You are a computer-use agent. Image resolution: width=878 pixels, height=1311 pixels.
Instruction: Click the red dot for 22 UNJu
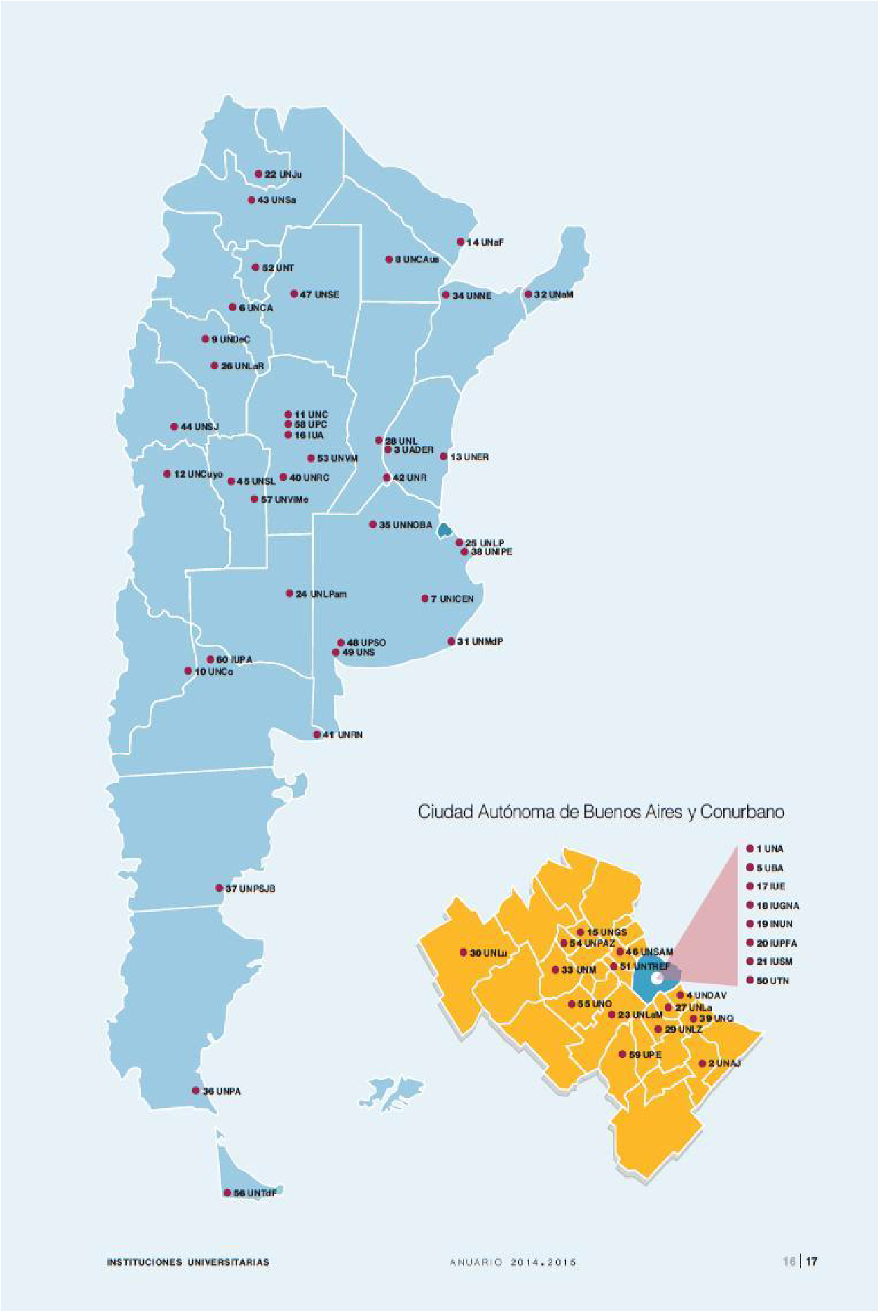(x=258, y=174)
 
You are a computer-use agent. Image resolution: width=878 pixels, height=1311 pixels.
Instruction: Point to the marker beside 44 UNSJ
(x=173, y=426)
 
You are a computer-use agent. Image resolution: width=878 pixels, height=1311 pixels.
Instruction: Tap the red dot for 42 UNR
(x=386, y=478)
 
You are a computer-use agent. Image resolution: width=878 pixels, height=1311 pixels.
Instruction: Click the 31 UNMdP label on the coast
(x=480, y=641)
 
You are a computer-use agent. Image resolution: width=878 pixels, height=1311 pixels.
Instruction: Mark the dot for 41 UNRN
(x=317, y=735)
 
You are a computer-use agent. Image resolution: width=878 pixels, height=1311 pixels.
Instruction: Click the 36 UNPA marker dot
(x=196, y=1090)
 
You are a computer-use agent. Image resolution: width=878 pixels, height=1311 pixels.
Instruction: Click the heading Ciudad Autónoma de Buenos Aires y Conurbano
(x=601, y=812)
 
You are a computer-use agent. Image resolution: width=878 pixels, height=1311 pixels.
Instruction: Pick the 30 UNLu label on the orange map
(x=488, y=953)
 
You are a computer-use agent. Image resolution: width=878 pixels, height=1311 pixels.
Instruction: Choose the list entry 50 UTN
(x=772, y=980)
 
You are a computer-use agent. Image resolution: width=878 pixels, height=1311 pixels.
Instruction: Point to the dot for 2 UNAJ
(x=702, y=1063)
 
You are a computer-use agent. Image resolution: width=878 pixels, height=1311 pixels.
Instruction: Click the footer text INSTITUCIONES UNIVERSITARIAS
(x=188, y=1262)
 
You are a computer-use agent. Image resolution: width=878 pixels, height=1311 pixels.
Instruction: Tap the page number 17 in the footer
(x=811, y=1261)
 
